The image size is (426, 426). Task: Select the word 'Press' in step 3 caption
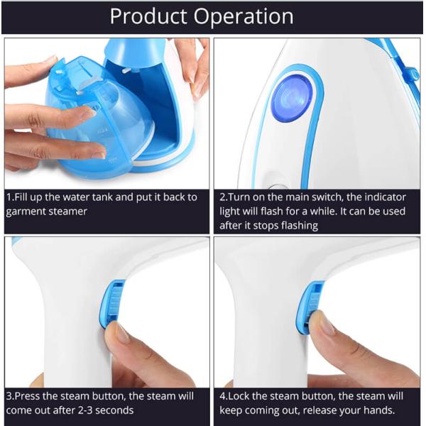tap(30, 395)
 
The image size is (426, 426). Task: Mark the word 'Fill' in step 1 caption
tap(25, 197)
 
